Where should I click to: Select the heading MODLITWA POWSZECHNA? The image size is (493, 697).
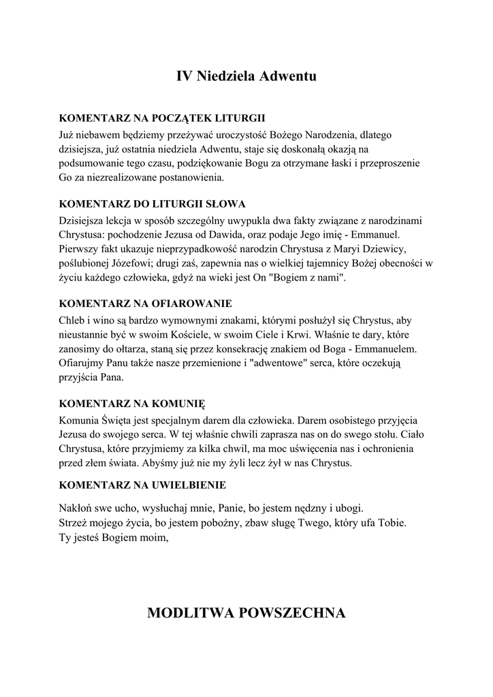pyautogui.click(x=246, y=613)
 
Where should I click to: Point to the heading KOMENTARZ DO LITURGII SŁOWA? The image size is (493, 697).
pyautogui.click(x=153, y=204)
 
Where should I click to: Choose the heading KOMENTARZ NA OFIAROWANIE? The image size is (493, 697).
pyautogui.click(x=145, y=303)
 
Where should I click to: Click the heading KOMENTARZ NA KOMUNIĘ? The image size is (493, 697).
pyautogui.click(x=132, y=402)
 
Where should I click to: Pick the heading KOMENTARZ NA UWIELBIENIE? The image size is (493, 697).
pyautogui.click(x=142, y=485)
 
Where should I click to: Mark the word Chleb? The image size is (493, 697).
pyautogui.click(x=73, y=319)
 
